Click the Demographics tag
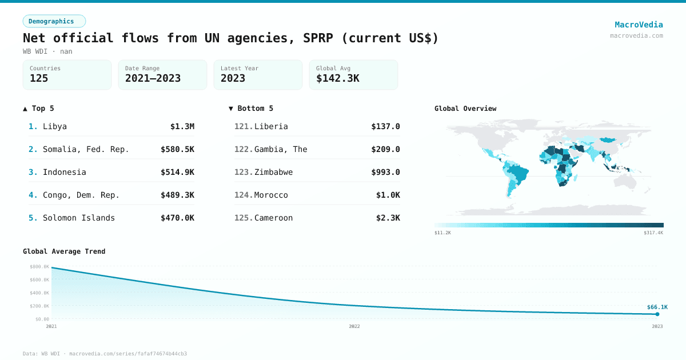(x=54, y=21)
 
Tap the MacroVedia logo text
(x=639, y=25)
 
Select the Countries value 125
(x=39, y=79)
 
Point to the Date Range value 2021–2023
(x=153, y=79)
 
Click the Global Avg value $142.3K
(x=337, y=79)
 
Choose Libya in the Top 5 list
(x=55, y=126)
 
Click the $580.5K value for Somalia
(x=177, y=149)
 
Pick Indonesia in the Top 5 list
(x=65, y=172)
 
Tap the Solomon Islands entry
(x=79, y=218)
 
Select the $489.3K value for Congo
(x=177, y=195)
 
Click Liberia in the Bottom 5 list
(x=271, y=126)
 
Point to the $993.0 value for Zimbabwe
(x=385, y=172)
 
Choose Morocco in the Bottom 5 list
(x=271, y=195)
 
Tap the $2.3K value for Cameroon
(x=388, y=218)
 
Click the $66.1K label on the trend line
(x=657, y=307)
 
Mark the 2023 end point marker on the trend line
(x=657, y=314)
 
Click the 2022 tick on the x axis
(x=354, y=326)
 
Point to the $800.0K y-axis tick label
(x=39, y=267)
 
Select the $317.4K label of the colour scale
(x=653, y=233)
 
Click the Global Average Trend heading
(x=64, y=251)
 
